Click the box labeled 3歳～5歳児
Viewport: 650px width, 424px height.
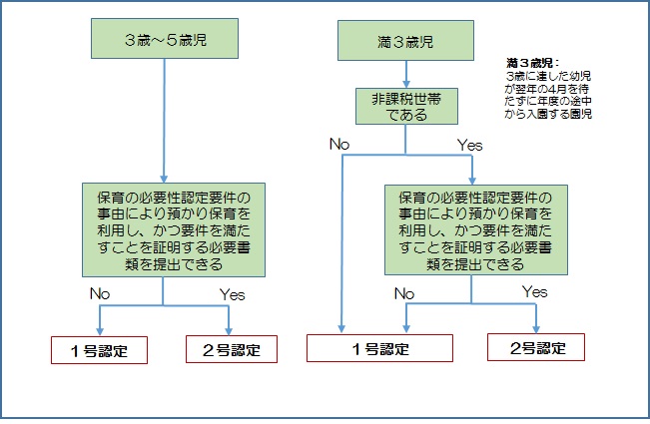pos(165,39)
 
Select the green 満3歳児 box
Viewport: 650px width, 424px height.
pos(405,41)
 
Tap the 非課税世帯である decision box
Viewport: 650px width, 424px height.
pos(406,107)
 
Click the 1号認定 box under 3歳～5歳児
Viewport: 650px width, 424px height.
pos(99,350)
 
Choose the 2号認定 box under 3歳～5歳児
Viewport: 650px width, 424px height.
pos(232,349)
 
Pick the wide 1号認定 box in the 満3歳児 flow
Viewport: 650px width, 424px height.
pos(379,348)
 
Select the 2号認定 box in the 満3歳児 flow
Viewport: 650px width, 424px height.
pos(536,347)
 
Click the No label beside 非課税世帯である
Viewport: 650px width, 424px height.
pos(339,144)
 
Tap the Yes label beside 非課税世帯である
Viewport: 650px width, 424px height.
pos(469,146)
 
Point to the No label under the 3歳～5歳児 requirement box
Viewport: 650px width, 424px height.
pos(100,293)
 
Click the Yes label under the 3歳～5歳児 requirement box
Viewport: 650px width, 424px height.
pos(232,295)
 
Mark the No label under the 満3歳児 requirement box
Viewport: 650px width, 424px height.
pos(404,293)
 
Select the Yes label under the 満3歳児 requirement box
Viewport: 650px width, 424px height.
pos(534,292)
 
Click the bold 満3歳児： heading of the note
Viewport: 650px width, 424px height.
pos(533,63)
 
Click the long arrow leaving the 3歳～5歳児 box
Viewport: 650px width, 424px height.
pos(164,120)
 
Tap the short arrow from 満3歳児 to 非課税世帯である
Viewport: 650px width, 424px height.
pos(406,74)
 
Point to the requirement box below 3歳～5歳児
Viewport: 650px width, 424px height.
pos(174,229)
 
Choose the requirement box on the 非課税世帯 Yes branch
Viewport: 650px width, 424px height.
pos(476,229)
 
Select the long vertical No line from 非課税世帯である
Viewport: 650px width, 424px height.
pos(342,243)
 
